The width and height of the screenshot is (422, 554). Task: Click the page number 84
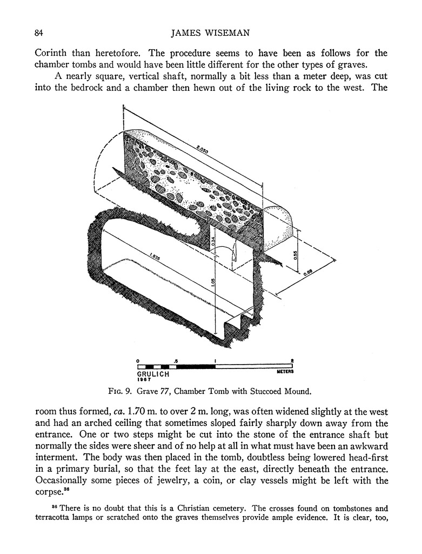click(38, 33)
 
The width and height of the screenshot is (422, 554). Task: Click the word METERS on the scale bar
click(284, 372)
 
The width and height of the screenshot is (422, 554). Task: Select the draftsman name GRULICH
click(153, 374)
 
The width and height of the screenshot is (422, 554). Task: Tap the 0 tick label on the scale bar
click(138, 360)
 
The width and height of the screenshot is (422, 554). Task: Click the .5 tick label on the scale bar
click(176, 360)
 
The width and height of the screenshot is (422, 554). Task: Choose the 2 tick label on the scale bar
click(292, 360)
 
